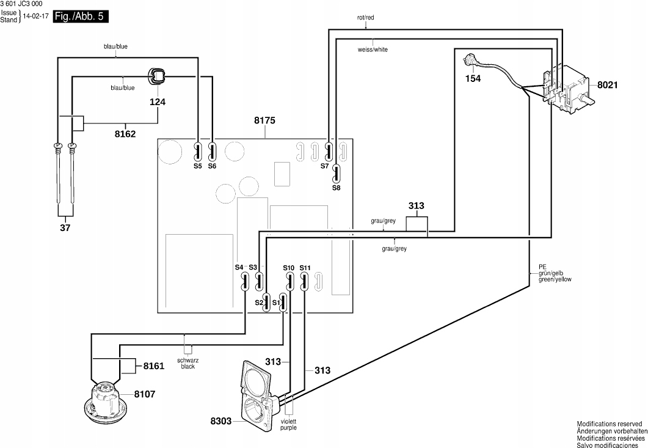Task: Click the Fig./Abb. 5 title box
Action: pos(81,17)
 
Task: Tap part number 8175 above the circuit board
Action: pos(264,121)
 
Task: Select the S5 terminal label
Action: pos(197,166)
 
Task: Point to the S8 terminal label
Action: pos(337,188)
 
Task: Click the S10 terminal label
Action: pos(288,268)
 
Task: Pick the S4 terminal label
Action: pos(239,267)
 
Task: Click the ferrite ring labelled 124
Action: pos(157,76)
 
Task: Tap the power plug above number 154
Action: pos(471,61)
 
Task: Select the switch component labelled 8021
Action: pos(568,90)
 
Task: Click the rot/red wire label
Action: pos(366,18)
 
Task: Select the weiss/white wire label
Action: pos(373,50)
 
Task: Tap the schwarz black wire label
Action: pos(188,363)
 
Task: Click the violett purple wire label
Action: pos(288,424)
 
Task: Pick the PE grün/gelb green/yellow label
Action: pos(555,273)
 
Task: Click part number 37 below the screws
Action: pos(65,227)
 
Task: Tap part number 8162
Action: pos(125,134)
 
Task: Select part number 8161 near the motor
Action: pos(154,366)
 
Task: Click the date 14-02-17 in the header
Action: pos(36,17)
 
